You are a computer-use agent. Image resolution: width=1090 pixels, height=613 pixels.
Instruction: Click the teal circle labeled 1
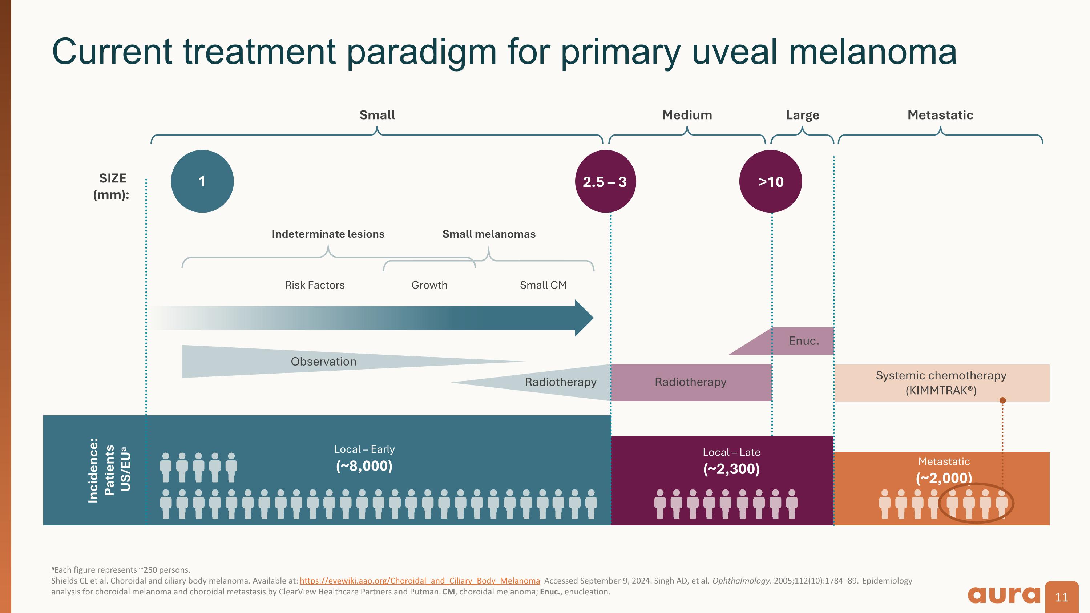(202, 181)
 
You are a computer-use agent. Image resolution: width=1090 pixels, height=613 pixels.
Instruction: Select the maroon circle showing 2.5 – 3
(605, 181)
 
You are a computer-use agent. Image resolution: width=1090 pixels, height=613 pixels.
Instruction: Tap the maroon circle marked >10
(771, 181)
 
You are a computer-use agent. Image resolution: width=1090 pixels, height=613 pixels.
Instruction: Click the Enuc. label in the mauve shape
(804, 341)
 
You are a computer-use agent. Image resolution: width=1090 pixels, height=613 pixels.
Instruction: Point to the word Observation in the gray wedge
(323, 362)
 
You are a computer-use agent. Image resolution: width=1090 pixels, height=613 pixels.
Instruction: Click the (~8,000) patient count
(364, 466)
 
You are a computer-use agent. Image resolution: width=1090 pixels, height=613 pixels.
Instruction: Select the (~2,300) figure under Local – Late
(731, 469)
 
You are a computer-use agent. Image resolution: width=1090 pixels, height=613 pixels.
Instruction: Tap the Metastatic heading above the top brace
(940, 115)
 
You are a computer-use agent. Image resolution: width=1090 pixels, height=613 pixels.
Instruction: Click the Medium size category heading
(687, 115)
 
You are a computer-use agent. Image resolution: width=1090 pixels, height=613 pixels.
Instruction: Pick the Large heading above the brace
(802, 115)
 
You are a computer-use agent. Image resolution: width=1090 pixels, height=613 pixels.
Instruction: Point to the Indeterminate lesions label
(328, 234)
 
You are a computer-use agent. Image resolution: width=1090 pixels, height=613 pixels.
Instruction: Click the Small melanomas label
(489, 234)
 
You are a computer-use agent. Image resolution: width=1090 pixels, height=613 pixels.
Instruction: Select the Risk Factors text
(314, 285)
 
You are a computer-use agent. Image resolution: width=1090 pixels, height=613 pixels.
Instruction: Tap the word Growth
(429, 285)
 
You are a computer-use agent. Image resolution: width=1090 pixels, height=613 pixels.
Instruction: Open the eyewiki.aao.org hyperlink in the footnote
(419, 581)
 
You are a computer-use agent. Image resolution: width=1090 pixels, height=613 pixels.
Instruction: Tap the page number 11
(1062, 597)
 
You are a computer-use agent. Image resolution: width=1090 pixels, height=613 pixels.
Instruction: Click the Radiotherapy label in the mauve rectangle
(690, 382)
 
